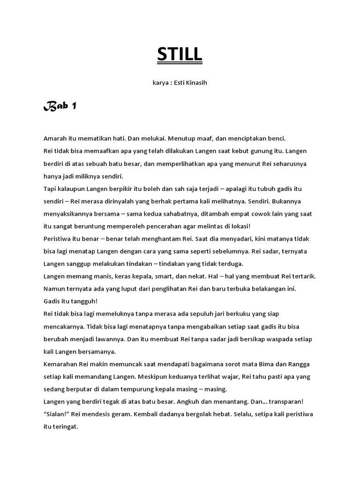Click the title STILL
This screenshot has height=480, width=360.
coord(180,55)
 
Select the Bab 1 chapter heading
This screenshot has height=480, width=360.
coord(60,107)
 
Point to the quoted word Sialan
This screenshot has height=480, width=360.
coord(57,414)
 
